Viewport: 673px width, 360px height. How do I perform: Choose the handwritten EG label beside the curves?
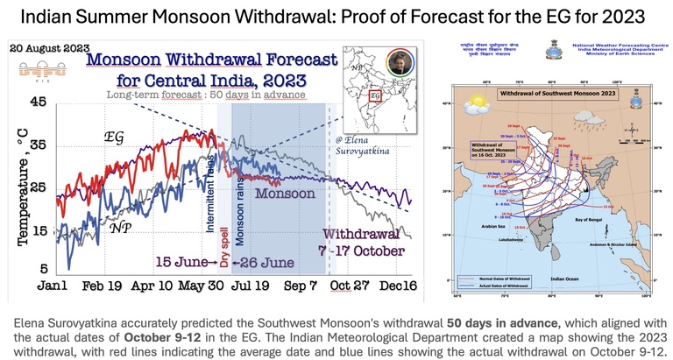click(x=114, y=138)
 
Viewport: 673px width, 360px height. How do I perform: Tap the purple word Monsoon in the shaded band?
click(x=287, y=191)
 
